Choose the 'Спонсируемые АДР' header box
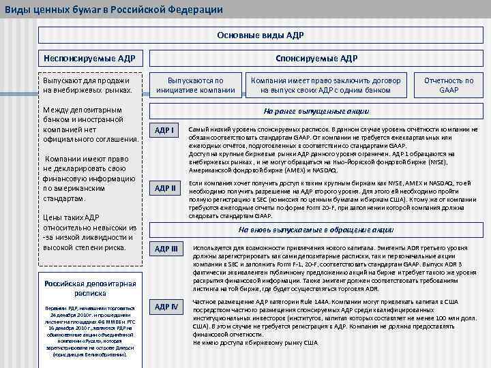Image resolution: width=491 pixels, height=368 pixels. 316,59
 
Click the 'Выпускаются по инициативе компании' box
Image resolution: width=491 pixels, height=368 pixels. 196,85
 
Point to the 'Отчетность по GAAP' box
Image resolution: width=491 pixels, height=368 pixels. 449,85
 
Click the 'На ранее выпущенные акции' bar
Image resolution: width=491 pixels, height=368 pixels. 316,111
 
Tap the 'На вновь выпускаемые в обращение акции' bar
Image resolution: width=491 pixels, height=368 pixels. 316,230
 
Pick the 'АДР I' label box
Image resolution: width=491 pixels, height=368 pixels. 164,130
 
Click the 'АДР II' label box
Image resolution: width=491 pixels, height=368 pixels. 164,188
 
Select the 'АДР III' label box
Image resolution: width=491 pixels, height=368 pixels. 165,248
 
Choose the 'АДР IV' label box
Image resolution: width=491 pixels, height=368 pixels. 165,307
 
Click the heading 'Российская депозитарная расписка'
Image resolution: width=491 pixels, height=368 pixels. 90,289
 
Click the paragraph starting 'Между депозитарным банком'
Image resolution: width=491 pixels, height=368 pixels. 90,125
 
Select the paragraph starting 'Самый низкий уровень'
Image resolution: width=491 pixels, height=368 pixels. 333,149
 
